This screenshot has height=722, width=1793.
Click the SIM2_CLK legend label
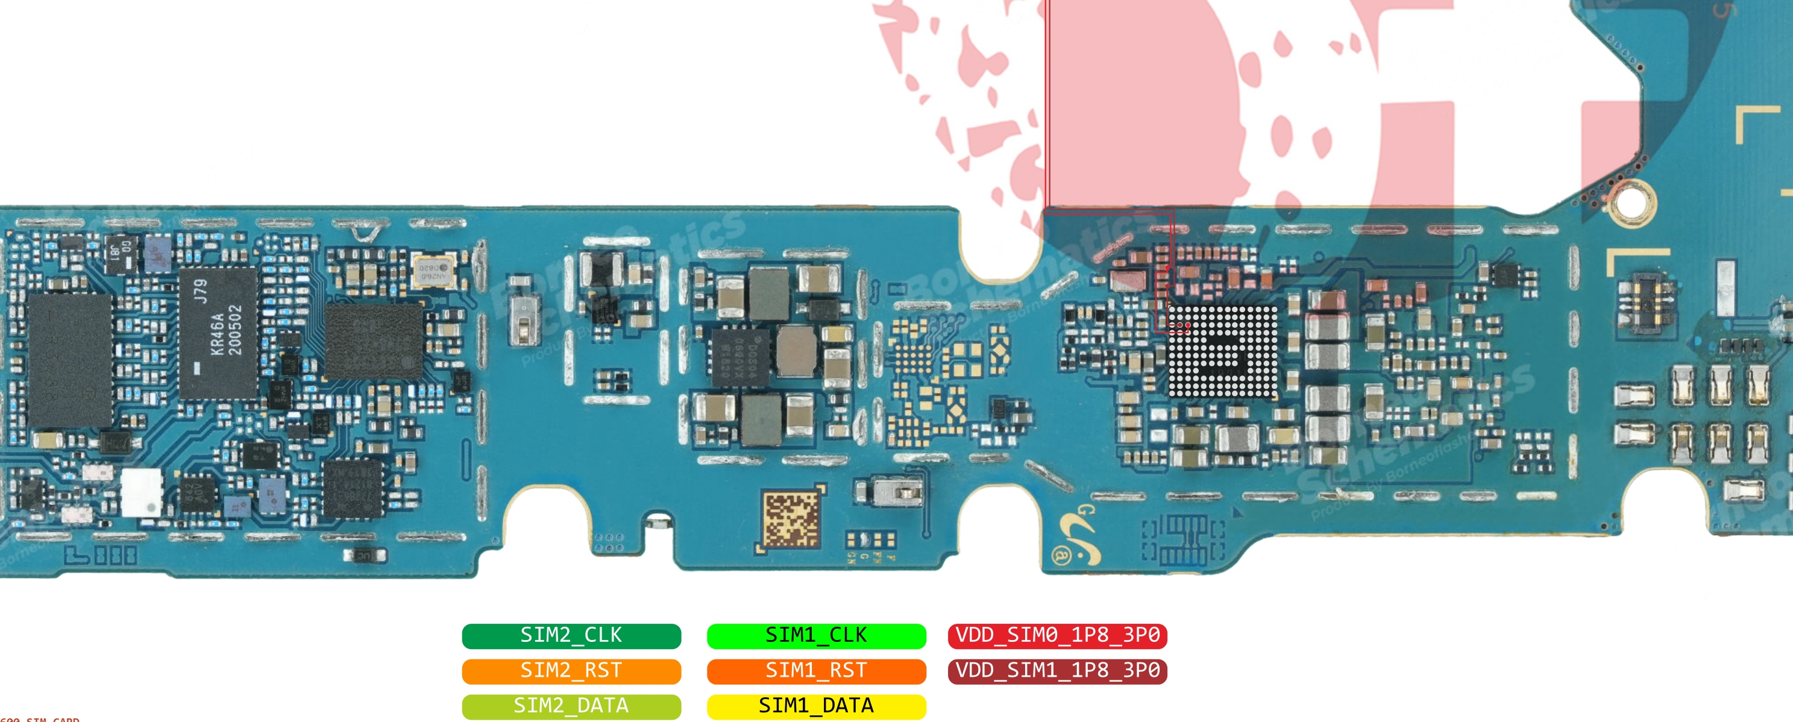tap(571, 636)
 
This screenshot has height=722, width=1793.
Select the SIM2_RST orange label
tap(571, 671)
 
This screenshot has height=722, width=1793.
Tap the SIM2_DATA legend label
tap(571, 706)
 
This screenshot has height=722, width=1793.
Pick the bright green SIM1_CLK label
tap(816, 636)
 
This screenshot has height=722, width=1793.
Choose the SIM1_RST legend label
tap(816, 671)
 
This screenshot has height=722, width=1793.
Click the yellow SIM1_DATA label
tap(816, 706)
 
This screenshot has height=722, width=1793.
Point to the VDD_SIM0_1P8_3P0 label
tap(1057, 636)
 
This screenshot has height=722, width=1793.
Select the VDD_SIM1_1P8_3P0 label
tap(1057, 671)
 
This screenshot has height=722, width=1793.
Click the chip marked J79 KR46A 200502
tap(218, 333)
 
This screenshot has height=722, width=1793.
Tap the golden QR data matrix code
tap(791, 520)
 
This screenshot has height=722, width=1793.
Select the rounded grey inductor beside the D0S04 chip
tap(796, 350)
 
